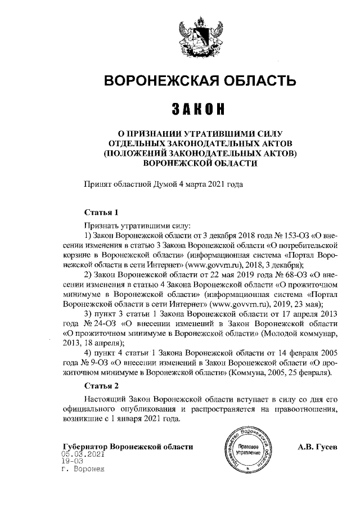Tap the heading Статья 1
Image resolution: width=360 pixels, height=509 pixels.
tap(101, 213)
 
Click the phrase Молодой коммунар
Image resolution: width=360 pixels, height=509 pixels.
tap(299, 334)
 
